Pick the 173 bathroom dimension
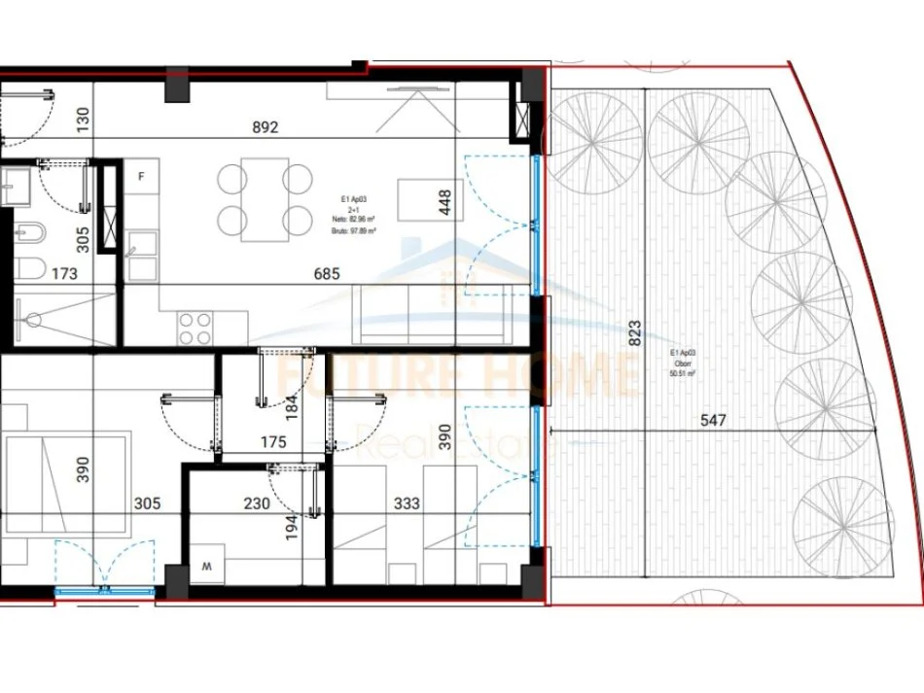coord(64,275)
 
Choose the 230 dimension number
coord(257,505)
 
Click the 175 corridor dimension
coord(273,443)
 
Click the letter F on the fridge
coord(142,177)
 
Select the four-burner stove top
coord(194,329)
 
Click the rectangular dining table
coord(265,201)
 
